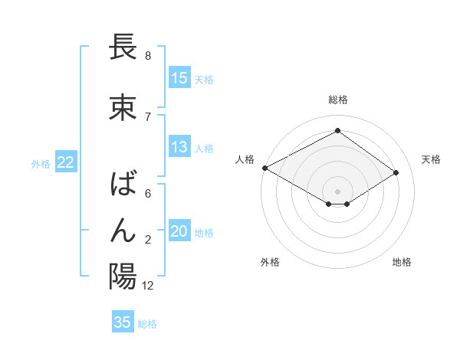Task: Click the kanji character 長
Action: (123, 47)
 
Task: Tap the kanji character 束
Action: (123, 108)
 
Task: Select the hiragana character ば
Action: (123, 185)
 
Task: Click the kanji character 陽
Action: (123, 276)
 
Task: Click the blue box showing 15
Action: (179, 78)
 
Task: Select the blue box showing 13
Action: (179, 147)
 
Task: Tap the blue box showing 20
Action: (179, 231)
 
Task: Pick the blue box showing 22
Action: (65, 162)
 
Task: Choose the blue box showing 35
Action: (123, 322)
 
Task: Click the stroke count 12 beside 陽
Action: (148, 286)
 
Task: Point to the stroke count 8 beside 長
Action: (147, 56)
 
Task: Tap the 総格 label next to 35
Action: (147, 324)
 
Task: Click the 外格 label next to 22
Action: (41, 163)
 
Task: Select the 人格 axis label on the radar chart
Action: (245, 159)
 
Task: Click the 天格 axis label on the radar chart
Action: (431, 159)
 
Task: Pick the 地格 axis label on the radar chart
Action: (402, 262)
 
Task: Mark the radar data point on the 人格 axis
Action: (264, 168)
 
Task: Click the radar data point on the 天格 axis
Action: (396, 172)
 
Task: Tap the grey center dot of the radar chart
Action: (337, 190)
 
